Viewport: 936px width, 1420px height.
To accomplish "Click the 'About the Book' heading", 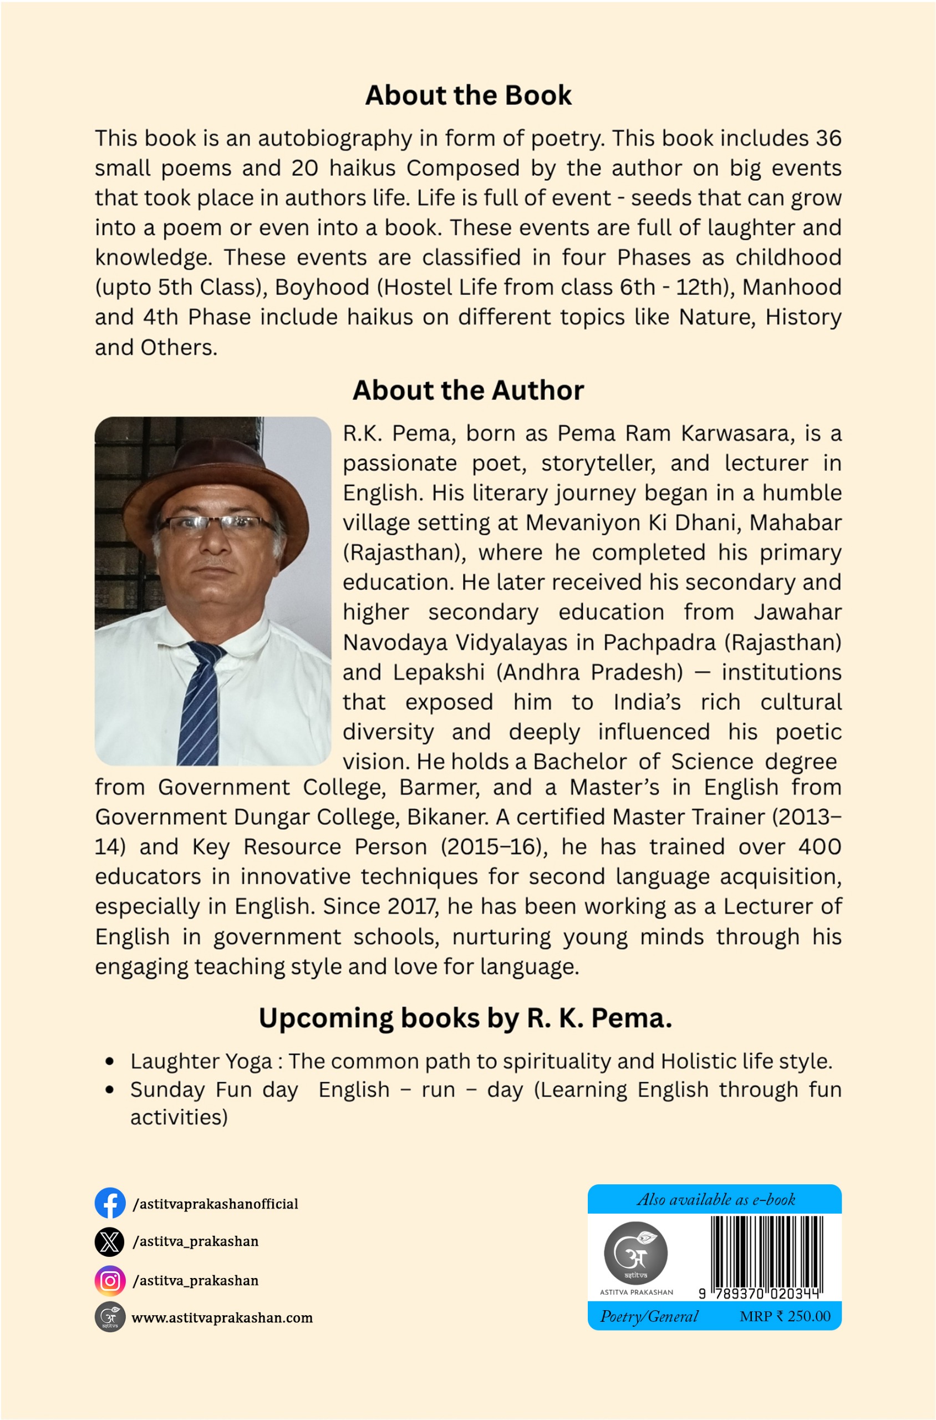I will (468, 95).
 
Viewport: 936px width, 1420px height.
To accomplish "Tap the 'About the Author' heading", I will (468, 390).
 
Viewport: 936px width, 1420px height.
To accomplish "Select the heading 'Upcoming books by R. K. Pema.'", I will (465, 1018).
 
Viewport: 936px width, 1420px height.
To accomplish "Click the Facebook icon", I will (110, 1203).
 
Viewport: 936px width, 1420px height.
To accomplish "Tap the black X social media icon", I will (110, 1241).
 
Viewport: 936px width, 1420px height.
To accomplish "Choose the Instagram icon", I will (110, 1280).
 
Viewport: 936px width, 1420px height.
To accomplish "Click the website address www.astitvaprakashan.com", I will (222, 1318).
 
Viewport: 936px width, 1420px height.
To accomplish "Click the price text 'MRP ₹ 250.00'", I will (785, 1316).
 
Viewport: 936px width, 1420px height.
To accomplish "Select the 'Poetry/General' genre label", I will (649, 1316).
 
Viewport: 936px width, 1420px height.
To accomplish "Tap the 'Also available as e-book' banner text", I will (716, 1200).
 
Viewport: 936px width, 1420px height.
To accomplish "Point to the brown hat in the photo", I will (215, 471).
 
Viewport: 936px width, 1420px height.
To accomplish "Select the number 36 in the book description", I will (828, 139).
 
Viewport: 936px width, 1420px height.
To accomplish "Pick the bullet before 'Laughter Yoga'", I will (109, 1062).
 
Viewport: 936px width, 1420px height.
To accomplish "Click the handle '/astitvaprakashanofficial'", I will (216, 1204).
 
